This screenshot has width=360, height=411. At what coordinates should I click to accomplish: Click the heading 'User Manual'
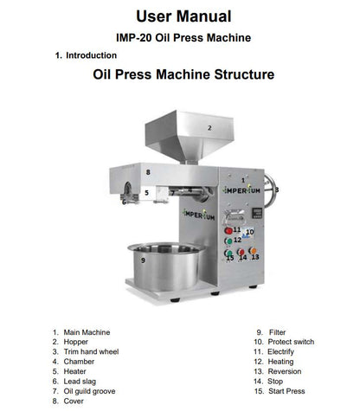[x=183, y=16]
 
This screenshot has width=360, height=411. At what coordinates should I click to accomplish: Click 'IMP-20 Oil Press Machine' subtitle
[x=183, y=37]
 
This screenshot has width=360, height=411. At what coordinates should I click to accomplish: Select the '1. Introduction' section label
[x=86, y=55]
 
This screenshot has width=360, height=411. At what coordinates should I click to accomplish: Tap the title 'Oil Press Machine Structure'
[x=183, y=75]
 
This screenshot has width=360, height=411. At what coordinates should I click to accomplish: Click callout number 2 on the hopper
[x=209, y=127]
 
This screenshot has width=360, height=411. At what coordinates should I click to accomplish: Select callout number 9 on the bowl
[x=142, y=260]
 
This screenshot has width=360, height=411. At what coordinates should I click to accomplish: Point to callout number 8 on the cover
[x=148, y=172]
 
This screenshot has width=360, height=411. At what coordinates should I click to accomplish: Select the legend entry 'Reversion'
[x=283, y=371]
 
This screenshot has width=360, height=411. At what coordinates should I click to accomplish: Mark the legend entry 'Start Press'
[x=286, y=391]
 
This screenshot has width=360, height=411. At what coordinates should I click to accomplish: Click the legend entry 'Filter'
[x=277, y=332]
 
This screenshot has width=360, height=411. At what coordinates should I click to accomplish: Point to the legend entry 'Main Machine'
[x=87, y=332]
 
